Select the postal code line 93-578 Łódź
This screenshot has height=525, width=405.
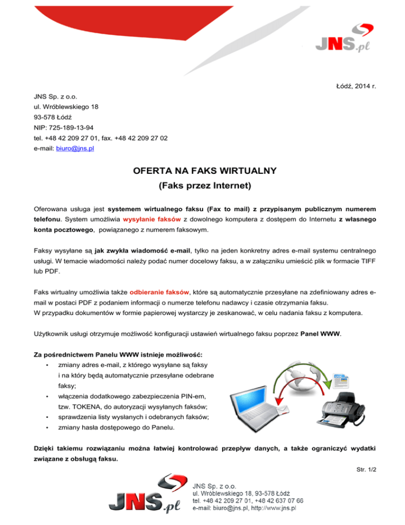point(50,117)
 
